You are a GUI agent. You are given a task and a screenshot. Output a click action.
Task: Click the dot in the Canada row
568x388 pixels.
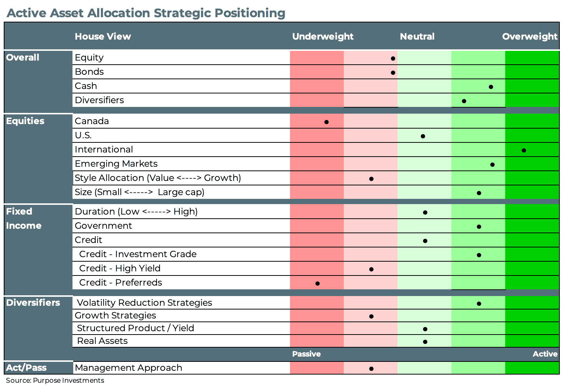[326, 122]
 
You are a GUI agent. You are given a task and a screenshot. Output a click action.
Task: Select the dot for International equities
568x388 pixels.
[524, 150]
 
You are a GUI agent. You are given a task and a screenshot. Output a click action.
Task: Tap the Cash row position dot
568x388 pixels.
[491, 87]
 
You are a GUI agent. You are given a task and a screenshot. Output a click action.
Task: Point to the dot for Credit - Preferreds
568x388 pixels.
[317, 283]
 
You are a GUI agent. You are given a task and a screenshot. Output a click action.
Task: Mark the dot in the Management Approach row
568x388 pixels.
[371, 369]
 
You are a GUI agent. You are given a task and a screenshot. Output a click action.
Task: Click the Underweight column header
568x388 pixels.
[322, 36]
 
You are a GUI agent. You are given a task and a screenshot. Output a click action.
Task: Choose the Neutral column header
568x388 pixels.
[417, 36]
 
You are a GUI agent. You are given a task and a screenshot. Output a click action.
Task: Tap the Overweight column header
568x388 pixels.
[530, 36]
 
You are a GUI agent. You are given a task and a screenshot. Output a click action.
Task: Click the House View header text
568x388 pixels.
[103, 36]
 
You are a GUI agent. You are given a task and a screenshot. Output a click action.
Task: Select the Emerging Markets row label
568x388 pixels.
[116, 164]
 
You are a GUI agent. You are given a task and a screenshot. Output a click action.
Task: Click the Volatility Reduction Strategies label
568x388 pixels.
[144, 303]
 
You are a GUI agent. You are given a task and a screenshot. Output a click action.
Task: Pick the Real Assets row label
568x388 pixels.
[102, 341]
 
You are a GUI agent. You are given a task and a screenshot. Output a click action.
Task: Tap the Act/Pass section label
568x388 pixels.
[26, 367]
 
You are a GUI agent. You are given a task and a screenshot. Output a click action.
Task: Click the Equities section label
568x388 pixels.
[25, 121]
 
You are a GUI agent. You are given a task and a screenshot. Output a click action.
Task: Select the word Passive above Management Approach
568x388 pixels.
[306, 354]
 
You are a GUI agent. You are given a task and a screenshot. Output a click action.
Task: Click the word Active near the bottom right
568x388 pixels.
[545, 354]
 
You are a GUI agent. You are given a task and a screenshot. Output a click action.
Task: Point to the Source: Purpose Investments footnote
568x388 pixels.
[55, 381]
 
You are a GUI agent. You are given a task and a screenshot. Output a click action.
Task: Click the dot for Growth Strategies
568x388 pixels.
[371, 316]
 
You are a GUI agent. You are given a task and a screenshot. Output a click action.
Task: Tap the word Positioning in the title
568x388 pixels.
[250, 13]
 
